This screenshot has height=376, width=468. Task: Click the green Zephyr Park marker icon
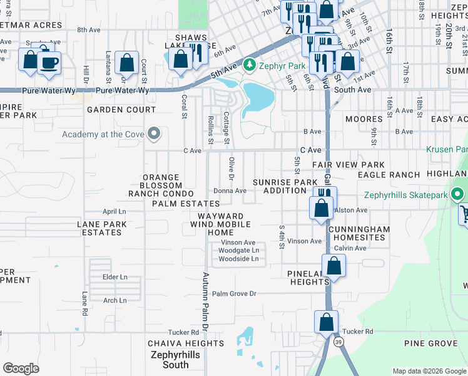[x=250, y=65]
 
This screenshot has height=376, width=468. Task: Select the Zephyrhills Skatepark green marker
[x=458, y=196]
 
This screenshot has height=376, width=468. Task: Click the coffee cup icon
[x=49, y=63]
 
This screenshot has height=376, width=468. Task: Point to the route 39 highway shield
[x=338, y=341]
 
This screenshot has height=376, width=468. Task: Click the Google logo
[x=21, y=368]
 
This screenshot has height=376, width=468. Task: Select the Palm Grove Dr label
[x=234, y=293]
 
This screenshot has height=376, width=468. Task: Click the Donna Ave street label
[x=228, y=191]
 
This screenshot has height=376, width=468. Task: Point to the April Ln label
[x=114, y=212]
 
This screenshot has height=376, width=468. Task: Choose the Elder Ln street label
[x=114, y=276]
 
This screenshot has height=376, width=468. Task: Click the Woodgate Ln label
[x=238, y=251]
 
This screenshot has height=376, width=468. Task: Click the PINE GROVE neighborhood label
[x=431, y=343]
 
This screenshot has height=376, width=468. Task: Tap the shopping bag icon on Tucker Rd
[x=327, y=323]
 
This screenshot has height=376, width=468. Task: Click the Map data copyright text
[x=429, y=371]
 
